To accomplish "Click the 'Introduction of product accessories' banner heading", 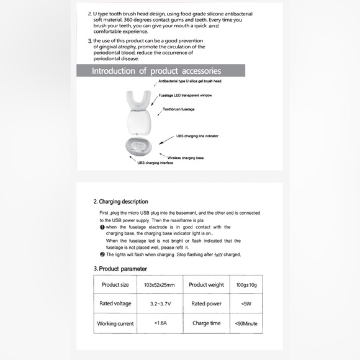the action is coord(156,71).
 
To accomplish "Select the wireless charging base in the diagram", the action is coord(138,146).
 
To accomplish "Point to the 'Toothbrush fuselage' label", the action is coord(179,109).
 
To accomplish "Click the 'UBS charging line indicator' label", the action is coord(197,136).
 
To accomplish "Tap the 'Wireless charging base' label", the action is coord(186,158).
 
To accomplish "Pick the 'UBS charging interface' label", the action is coord(155,163).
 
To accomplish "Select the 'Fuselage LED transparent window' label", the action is coord(186,96).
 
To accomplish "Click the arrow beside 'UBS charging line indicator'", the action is coord(166,140).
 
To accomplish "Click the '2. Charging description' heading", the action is coord(121,202).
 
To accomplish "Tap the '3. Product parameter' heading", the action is coord(120,269).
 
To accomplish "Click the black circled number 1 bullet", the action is coord(102,227).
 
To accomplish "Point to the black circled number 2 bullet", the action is coord(102,254).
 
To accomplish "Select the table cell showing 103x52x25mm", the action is coord(160,284).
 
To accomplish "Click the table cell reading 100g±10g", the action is coord(246,284).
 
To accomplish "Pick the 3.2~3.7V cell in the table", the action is coord(160,304).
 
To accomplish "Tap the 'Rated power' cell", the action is coord(207,304).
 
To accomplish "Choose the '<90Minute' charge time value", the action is coord(246,323).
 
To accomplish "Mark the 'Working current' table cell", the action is coord(115,323).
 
